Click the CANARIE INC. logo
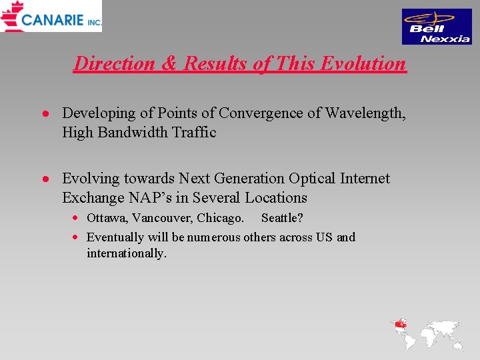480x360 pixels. [x=51, y=17]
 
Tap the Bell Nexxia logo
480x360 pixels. [x=437, y=27]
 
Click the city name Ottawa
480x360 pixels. [x=107, y=218]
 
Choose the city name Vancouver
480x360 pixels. [x=162, y=218]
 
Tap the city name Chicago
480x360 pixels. [x=220, y=218]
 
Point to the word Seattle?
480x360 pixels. [x=282, y=218]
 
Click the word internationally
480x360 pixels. [x=126, y=253]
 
